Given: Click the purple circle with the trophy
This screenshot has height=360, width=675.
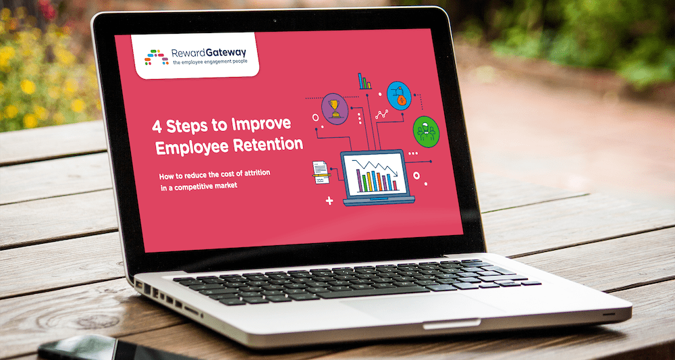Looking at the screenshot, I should [335, 107].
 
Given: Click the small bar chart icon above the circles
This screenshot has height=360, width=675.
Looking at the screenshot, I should [364, 82].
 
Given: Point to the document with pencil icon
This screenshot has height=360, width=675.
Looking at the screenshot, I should [319, 171].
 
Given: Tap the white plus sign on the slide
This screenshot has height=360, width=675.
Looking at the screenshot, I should [329, 201].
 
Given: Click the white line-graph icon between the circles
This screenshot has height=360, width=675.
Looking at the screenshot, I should [382, 115].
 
